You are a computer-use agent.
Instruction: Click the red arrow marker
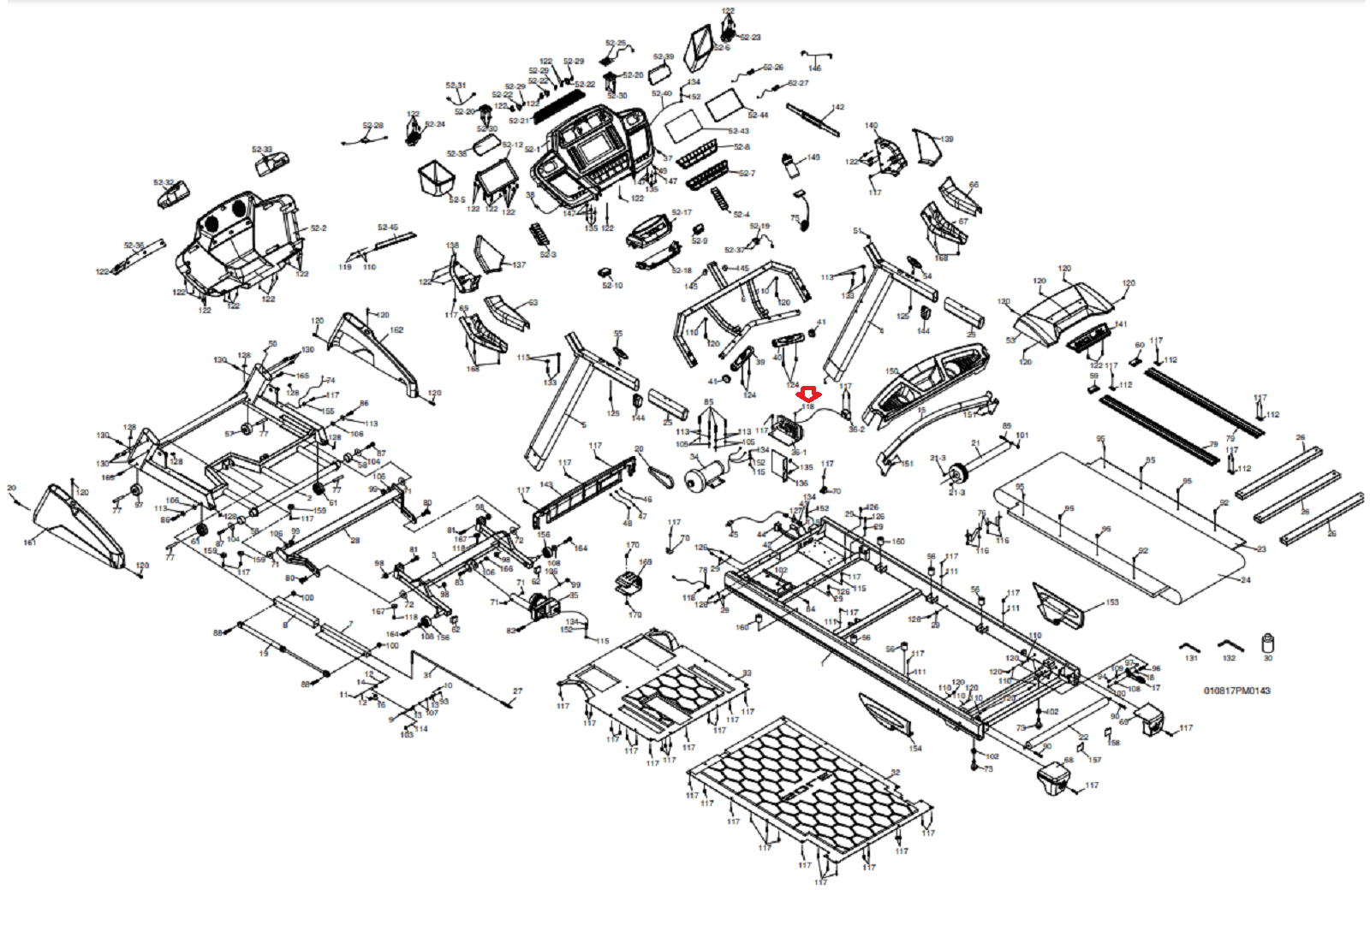click(809, 394)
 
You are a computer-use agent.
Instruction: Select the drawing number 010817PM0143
click(1236, 691)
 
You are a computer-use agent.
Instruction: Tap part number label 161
click(29, 543)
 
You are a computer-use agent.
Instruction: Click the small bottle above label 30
click(1268, 643)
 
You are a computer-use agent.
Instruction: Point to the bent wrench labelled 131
click(1190, 647)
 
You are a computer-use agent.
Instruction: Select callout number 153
click(1111, 602)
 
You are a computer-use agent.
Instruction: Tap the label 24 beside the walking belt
click(1245, 580)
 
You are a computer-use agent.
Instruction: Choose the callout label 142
click(837, 108)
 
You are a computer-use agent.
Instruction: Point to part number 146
click(814, 68)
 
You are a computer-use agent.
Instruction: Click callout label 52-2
click(319, 228)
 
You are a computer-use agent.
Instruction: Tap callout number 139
click(946, 139)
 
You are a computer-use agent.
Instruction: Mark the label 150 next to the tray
click(891, 371)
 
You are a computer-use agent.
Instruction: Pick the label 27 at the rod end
click(517, 691)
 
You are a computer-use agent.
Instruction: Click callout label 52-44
click(758, 115)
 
